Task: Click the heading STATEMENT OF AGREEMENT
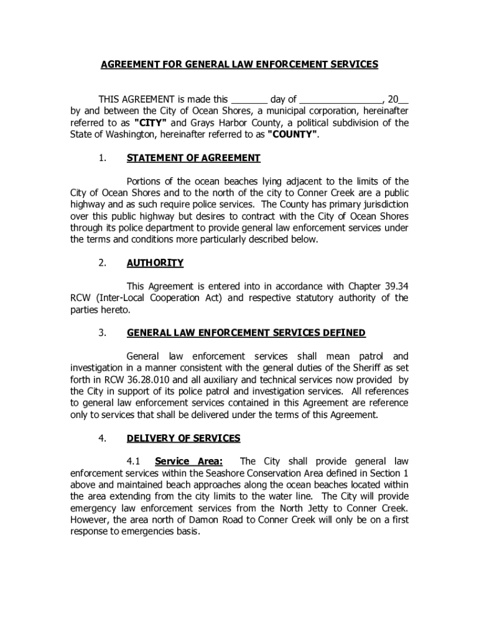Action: pyautogui.click(x=193, y=158)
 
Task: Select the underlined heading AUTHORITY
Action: pyautogui.click(x=155, y=263)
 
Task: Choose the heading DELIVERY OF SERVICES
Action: pyautogui.click(x=184, y=438)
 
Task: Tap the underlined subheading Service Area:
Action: pyautogui.click(x=188, y=462)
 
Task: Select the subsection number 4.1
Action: pyautogui.click(x=134, y=462)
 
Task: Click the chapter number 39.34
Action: pyautogui.click(x=394, y=286)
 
